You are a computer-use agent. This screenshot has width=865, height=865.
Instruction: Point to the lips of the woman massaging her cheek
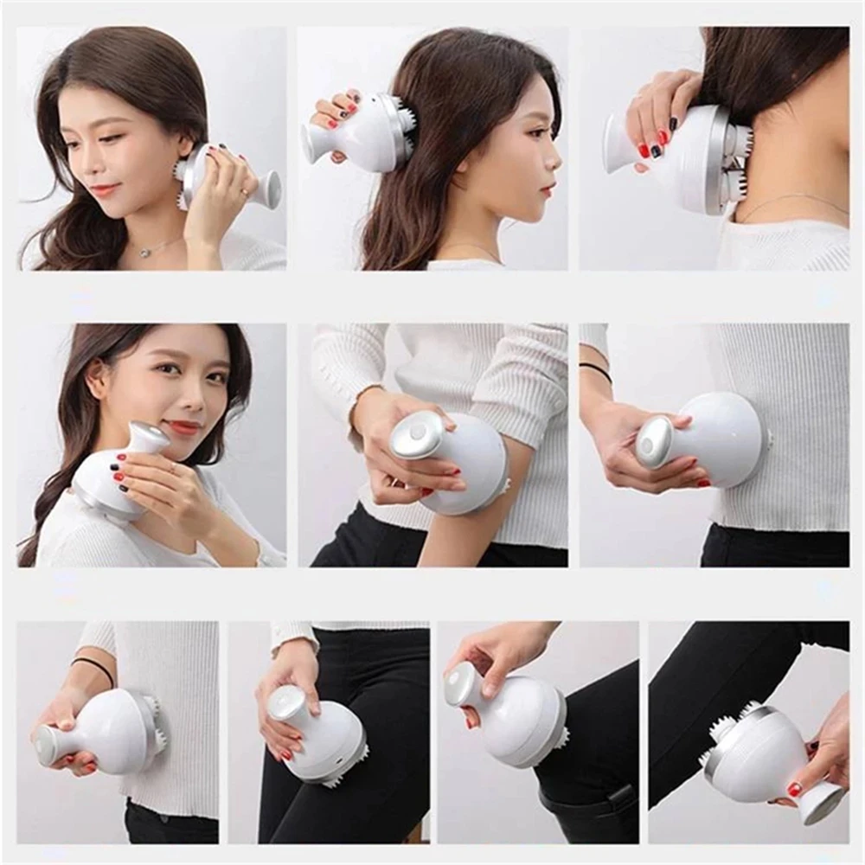[x=106, y=189]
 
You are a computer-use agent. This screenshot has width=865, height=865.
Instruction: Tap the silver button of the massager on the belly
[x=654, y=444]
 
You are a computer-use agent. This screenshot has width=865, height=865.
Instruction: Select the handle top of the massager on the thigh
[x=285, y=702]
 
